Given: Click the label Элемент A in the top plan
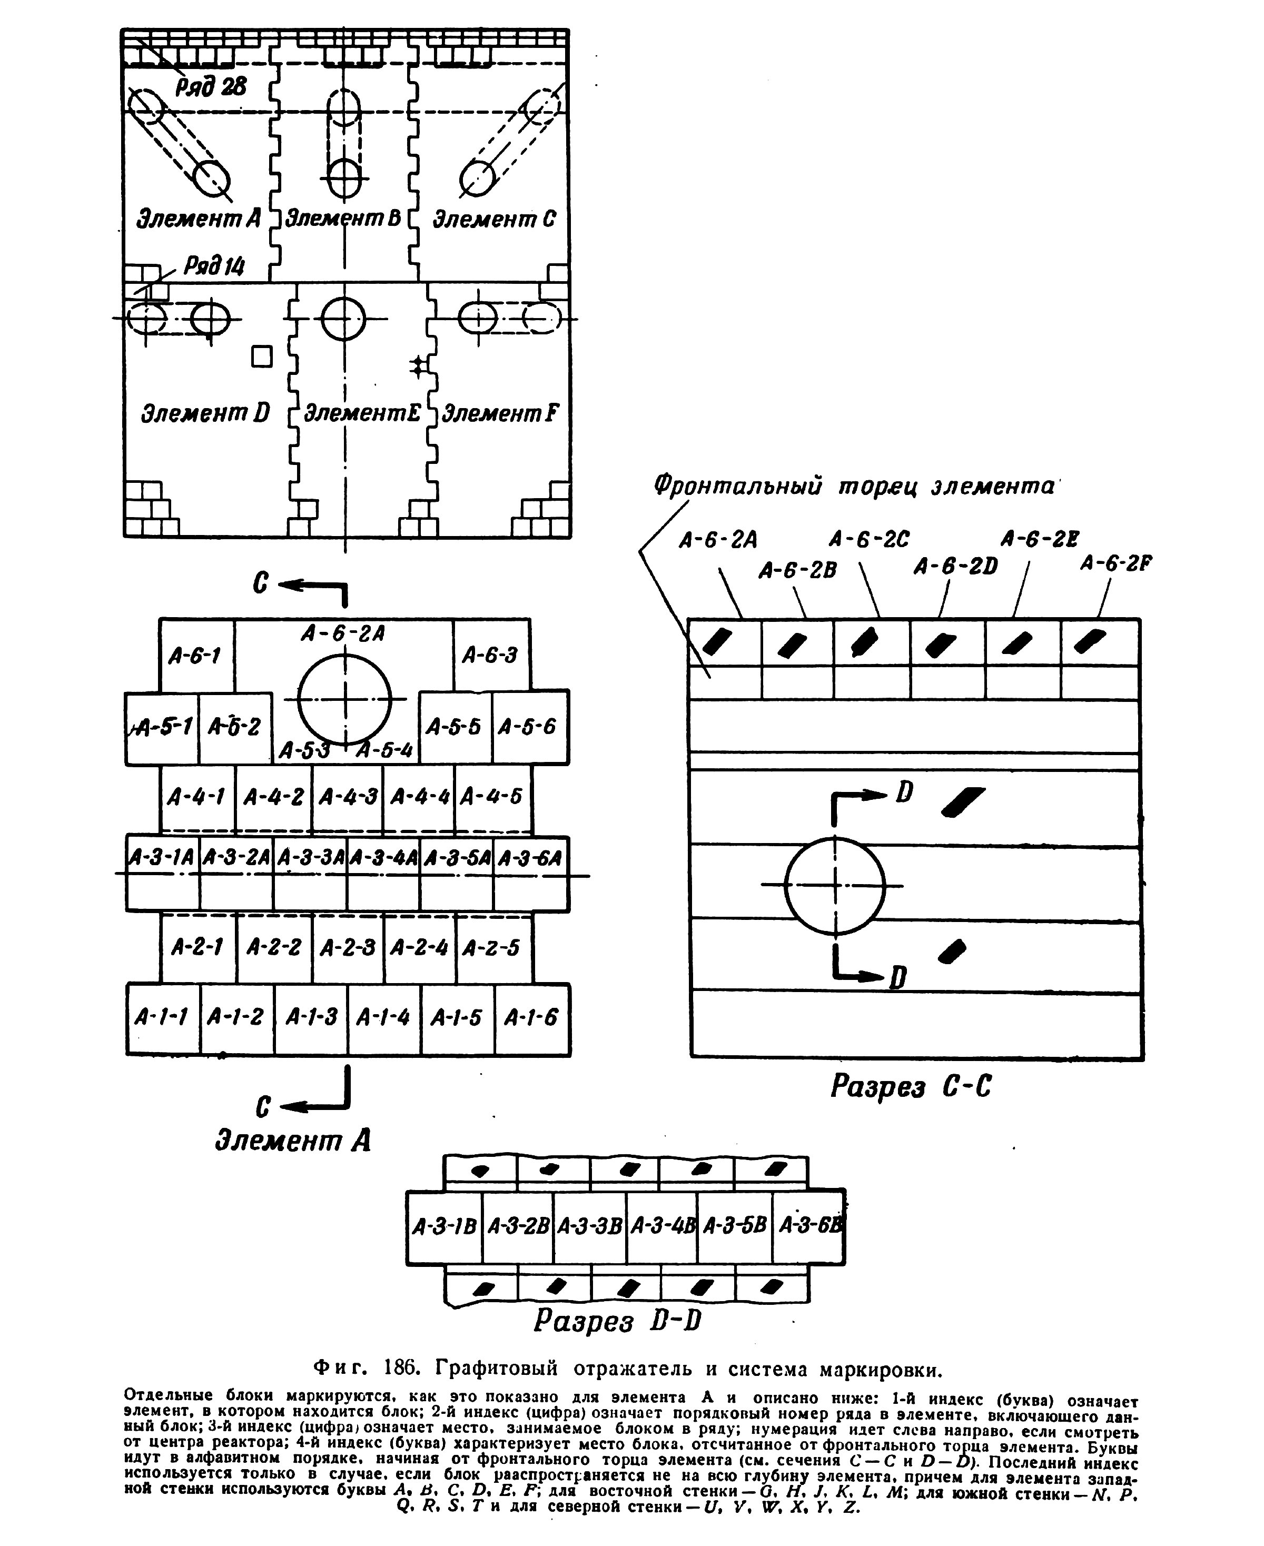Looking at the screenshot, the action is pos(199,219).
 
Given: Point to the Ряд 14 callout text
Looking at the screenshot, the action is pos(214,266).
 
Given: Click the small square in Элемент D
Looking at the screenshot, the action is pos(262,356).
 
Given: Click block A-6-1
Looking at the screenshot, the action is pos(196,655).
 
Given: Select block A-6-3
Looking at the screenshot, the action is pos(491,655).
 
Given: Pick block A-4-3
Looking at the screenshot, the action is pos(347,798).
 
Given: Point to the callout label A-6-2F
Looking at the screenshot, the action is pos(1115,563).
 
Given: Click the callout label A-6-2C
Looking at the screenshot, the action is pos(870,539).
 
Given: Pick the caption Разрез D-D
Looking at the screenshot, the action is pos(617,1321).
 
